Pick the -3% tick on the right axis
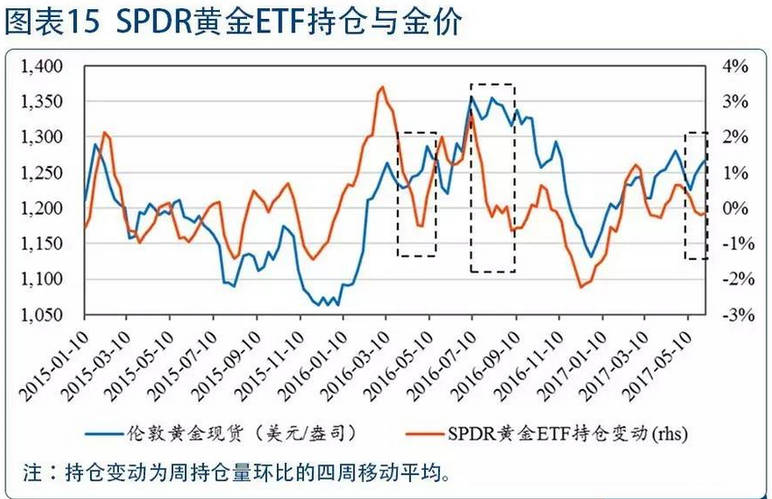733,315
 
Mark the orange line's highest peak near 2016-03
381,88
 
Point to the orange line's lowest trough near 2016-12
582,287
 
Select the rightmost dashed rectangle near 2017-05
695,195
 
